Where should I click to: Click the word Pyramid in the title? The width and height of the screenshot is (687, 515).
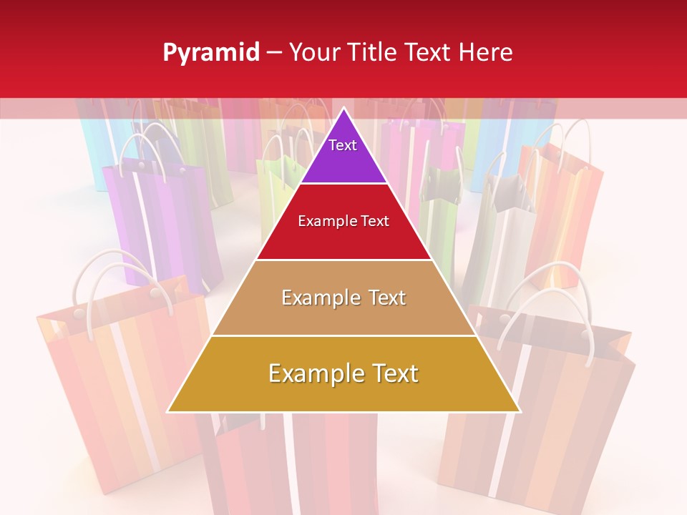(x=210, y=53)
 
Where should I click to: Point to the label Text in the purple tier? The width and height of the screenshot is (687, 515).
(x=343, y=145)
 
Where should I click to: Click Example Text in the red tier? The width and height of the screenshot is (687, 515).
(x=343, y=221)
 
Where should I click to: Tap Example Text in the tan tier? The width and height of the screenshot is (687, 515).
(x=343, y=298)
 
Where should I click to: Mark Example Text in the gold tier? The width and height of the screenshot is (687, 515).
(x=343, y=373)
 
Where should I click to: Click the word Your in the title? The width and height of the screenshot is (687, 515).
(x=313, y=53)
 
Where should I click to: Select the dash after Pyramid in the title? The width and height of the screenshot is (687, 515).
(x=274, y=53)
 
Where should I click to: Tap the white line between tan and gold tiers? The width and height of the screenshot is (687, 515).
(x=343, y=335)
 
